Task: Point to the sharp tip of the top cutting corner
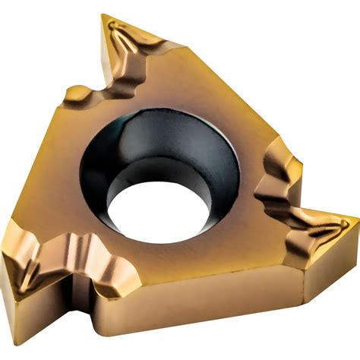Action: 104,16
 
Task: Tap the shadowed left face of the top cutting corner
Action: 106,53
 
